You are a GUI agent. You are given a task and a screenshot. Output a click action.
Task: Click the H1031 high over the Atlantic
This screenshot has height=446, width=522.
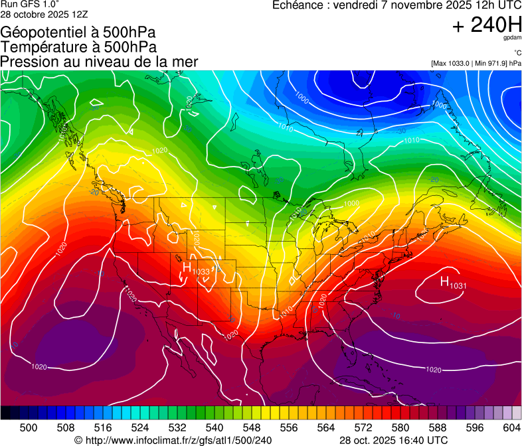[x=452, y=283]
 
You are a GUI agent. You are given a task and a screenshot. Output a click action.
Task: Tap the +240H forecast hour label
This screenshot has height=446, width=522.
[x=487, y=25]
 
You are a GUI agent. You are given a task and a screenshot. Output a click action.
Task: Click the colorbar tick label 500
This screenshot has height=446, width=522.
[x=29, y=427]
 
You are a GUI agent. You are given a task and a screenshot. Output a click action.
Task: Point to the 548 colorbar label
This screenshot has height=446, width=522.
[x=252, y=427]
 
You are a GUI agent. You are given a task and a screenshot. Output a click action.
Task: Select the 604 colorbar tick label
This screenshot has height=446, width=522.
[x=511, y=427]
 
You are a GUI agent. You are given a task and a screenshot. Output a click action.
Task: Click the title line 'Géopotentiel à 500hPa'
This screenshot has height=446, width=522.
[x=78, y=33]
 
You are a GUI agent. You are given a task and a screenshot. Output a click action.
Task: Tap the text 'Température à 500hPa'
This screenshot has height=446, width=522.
[x=78, y=47]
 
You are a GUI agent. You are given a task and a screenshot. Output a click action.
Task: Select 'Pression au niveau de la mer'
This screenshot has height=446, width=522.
[x=99, y=62]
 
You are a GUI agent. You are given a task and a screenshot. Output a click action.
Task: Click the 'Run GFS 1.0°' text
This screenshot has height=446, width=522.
[x=30, y=5]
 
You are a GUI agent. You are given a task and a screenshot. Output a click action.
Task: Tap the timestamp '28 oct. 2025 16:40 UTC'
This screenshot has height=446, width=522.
[x=393, y=440]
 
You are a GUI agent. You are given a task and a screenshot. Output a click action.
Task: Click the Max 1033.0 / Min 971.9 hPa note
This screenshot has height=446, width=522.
[x=476, y=63]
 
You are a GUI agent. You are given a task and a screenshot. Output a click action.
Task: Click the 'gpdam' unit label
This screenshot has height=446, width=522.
[x=512, y=38]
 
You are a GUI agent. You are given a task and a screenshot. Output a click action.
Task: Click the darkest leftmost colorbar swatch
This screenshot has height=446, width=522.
[x=5, y=413]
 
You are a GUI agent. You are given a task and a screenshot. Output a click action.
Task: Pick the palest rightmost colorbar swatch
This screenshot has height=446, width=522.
[x=517, y=413]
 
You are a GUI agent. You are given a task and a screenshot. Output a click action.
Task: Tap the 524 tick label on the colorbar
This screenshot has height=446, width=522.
[x=140, y=427]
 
